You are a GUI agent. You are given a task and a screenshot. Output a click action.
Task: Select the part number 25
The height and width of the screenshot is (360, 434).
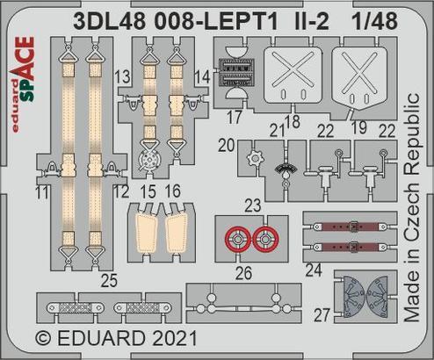click(109, 283)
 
